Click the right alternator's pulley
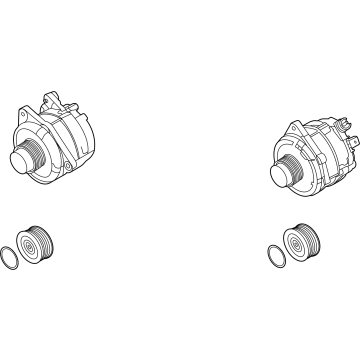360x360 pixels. point(293,172)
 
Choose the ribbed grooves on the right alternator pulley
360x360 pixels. point(299,170)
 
